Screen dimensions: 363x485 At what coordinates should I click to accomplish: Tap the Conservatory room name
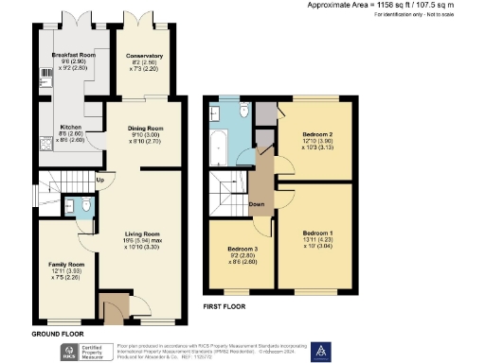pyautogui.click(x=145, y=56)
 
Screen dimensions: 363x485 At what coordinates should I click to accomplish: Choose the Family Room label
pyautogui.click(x=67, y=264)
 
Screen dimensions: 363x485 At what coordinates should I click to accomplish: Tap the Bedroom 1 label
pyautogui.click(x=317, y=232)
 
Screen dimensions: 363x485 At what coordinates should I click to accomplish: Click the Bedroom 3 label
pyautogui.click(x=239, y=250)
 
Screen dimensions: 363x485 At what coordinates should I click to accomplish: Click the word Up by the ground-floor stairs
pyautogui.click(x=99, y=179)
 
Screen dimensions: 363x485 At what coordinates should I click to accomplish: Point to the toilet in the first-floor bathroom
pyautogui.click(x=244, y=112)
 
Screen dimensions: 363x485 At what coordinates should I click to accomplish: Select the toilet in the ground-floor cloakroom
pyautogui.click(x=86, y=204)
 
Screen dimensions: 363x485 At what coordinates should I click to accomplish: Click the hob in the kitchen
pyautogui.click(x=43, y=145)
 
